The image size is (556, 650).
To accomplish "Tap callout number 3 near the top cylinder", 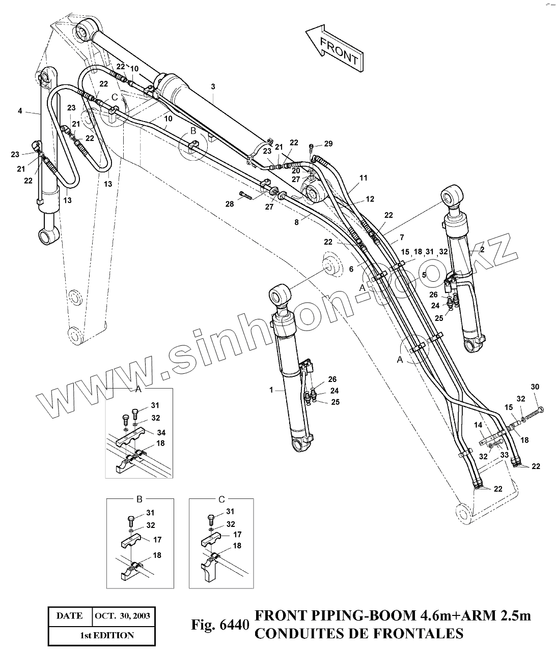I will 213,87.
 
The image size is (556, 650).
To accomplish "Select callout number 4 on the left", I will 20,110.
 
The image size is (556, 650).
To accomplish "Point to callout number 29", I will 328,144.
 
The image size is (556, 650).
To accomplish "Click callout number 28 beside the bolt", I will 230,204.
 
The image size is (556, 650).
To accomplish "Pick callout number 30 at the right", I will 535,387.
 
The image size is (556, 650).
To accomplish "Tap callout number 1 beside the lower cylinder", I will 271,390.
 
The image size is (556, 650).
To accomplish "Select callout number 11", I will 363,178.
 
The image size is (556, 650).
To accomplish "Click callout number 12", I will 370,199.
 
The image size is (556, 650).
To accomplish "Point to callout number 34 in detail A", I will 161,433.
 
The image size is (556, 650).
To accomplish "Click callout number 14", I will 478,425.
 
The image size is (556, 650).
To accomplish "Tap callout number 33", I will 504,455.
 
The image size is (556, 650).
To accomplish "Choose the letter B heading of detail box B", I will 139,499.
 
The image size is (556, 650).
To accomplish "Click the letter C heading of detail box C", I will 221,499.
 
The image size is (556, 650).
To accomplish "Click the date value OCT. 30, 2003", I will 122,615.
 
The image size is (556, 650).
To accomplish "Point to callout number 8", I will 296,222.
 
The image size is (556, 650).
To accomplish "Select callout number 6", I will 351,269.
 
